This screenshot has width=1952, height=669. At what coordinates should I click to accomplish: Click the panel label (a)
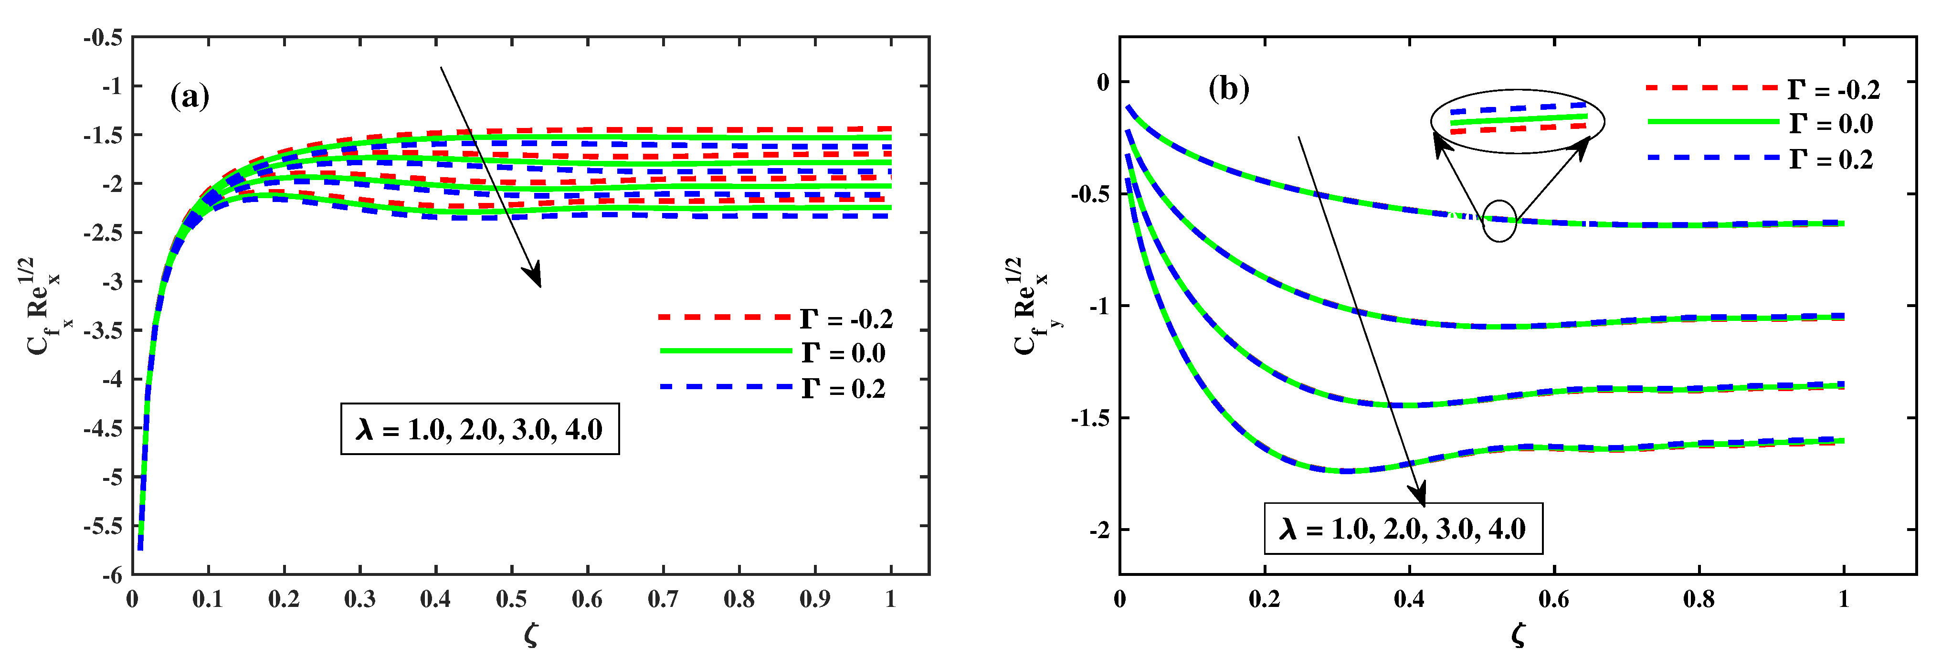pos(190,97)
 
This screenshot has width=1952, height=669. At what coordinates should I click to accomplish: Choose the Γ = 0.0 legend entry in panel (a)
pos(773,353)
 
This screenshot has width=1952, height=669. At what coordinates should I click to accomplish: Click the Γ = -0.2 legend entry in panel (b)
pos(1762,89)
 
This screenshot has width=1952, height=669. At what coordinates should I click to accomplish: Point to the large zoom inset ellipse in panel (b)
pos(1518,120)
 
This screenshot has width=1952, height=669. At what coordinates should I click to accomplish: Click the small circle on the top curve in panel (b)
pos(1499,221)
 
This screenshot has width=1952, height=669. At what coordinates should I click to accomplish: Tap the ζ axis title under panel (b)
pos(1518,635)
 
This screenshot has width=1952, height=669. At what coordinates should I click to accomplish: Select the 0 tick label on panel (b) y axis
pos(1103,82)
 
